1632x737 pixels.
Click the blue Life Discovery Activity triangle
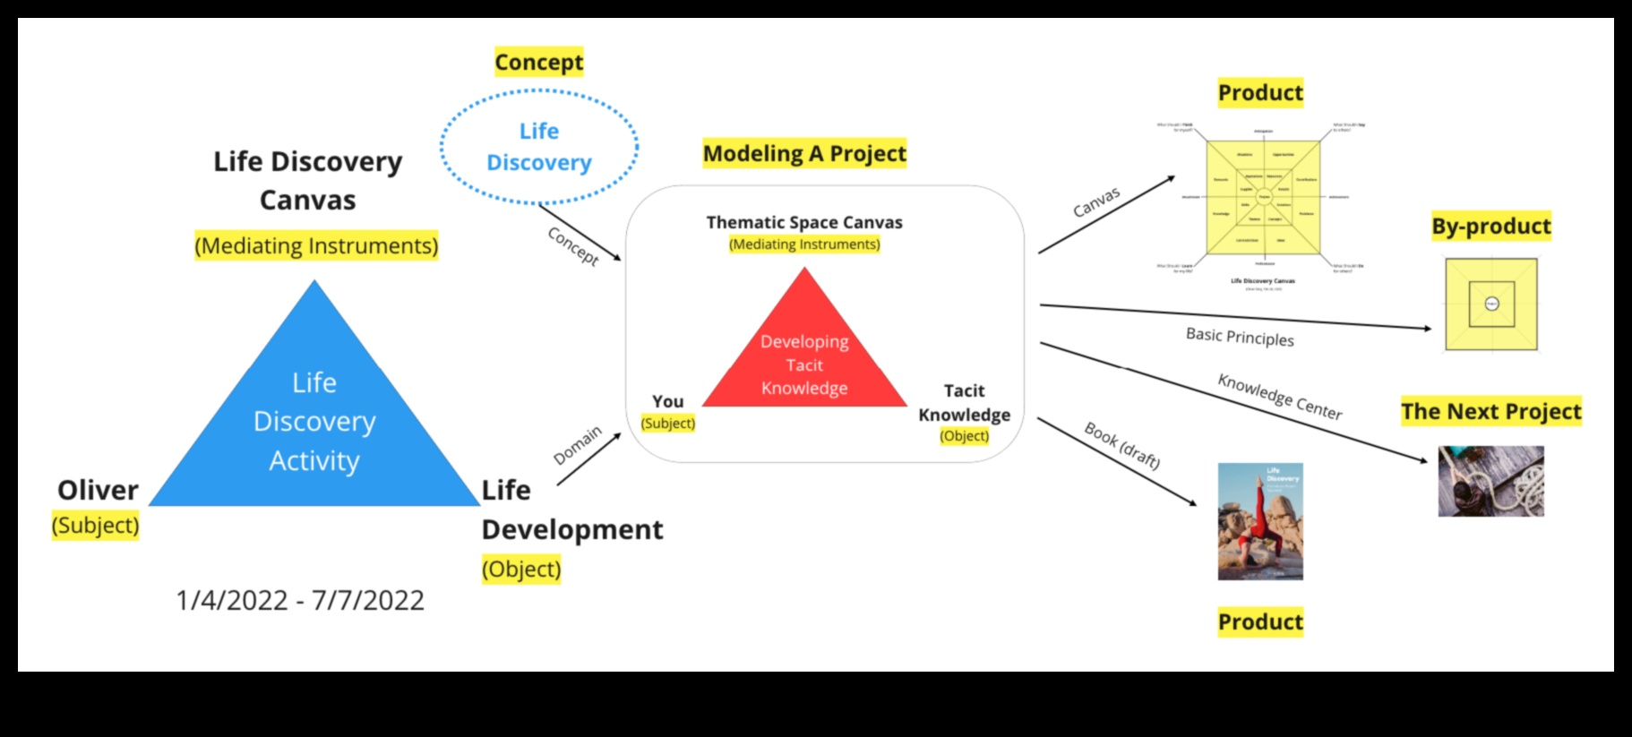pyautogui.click(x=314, y=421)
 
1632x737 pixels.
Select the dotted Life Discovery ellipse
pyautogui.click(x=539, y=147)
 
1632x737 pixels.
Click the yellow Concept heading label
pyautogui.click(x=539, y=62)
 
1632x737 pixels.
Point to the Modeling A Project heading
pyautogui.click(x=804, y=154)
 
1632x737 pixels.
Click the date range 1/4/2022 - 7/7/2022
pyautogui.click(x=300, y=600)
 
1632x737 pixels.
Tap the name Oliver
pyautogui.click(x=98, y=490)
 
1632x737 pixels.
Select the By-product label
pyautogui.click(x=1490, y=226)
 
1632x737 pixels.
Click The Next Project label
pyautogui.click(x=1491, y=411)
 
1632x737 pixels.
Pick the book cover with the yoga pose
pyautogui.click(x=1260, y=521)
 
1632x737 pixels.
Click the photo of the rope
pyautogui.click(x=1490, y=481)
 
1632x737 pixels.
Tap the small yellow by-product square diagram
pyautogui.click(x=1491, y=304)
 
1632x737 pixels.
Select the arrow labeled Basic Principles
pyautogui.click(x=1236, y=317)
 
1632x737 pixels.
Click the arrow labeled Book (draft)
pyautogui.click(x=1117, y=461)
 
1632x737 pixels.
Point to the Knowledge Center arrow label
pyautogui.click(x=1279, y=396)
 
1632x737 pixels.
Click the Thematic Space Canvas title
pyautogui.click(x=804, y=222)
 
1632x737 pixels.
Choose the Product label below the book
pyautogui.click(x=1260, y=621)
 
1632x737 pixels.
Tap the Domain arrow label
pyautogui.click(x=578, y=445)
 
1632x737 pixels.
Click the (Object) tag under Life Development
pyautogui.click(x=521, y=569)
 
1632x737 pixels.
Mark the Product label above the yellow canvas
pyautogui.click(x=1260, y=92)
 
